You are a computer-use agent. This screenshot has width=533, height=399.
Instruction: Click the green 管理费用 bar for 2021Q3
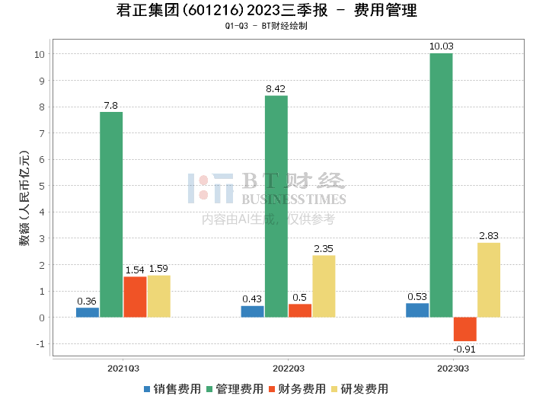(111, 215)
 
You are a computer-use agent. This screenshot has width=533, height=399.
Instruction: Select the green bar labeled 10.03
(441, 185)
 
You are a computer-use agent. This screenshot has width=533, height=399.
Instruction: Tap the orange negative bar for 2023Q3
(464, 329)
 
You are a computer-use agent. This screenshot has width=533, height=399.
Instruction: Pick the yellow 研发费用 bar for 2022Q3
(324, 286)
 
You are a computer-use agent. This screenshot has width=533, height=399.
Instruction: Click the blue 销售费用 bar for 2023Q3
(417, 310)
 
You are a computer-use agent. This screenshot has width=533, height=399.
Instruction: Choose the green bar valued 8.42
(276, 206)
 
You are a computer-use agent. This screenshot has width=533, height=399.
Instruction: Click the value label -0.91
(464, 350)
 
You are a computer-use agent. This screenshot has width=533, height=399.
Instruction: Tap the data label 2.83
(489, 236)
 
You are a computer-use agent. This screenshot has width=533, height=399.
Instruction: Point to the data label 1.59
(158, 269)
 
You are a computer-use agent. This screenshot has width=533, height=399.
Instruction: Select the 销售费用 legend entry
(172, 389)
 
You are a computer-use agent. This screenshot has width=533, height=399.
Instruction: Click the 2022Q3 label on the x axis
(288, 368)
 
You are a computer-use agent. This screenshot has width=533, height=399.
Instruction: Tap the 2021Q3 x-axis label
(123, 368)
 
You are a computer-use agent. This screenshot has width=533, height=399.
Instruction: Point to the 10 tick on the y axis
(39, 55)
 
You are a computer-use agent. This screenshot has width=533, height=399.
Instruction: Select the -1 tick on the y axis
(40, 344)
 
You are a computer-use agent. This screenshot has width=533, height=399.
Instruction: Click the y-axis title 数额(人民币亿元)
(24, 198)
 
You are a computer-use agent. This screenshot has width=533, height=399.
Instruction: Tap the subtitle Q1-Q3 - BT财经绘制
(266, 27)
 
